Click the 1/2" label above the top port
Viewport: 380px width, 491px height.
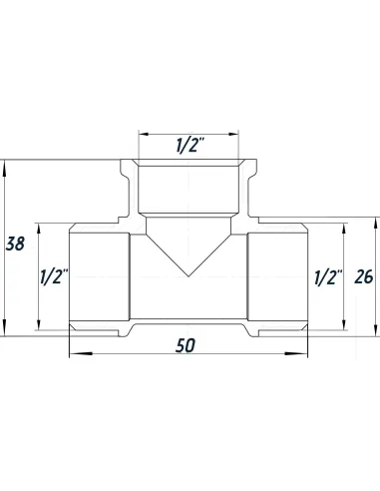point(190,146)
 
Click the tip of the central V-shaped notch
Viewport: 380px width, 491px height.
point(190,275)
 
